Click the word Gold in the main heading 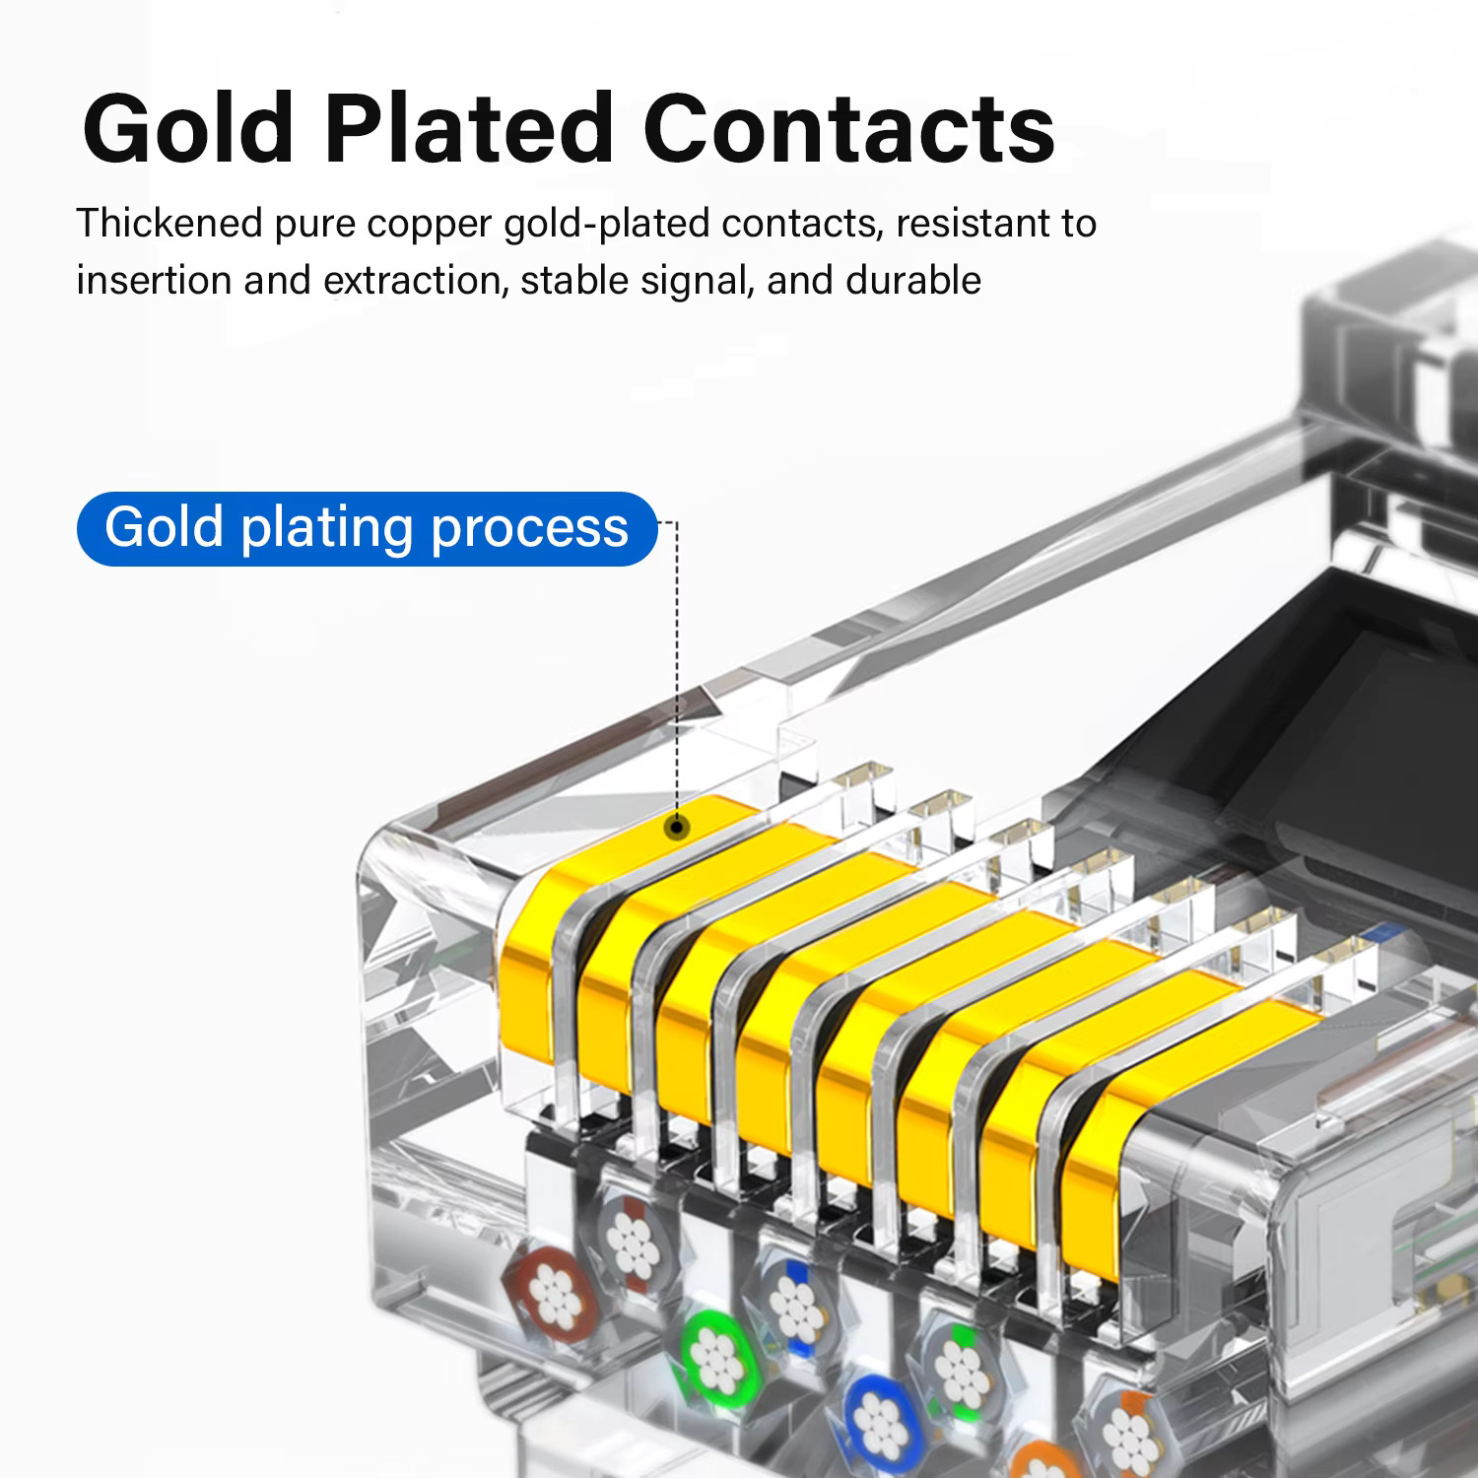(188, 128)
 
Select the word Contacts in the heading (849, 128)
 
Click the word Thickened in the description (169, 224)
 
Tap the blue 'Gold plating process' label (367, 528)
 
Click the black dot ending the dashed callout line (676, 827)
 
